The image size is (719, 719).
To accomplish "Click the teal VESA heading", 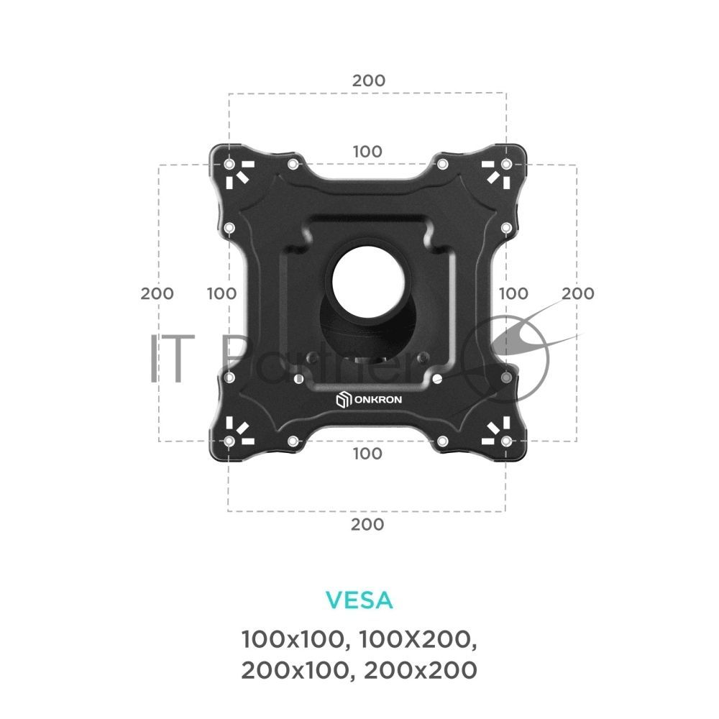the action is point(359,600).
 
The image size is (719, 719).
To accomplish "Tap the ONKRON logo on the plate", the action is point(369,399).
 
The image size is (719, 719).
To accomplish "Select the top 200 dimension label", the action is point(369,81).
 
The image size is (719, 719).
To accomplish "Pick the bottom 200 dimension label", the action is point(367,524).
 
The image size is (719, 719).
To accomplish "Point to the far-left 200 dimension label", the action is point(157,293).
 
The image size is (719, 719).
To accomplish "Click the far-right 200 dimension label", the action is point(578,293).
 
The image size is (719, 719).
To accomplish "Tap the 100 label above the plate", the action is point(367,151).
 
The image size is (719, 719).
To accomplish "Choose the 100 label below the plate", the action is point(367,454).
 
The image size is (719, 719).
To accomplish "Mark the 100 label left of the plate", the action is point(221,293).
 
